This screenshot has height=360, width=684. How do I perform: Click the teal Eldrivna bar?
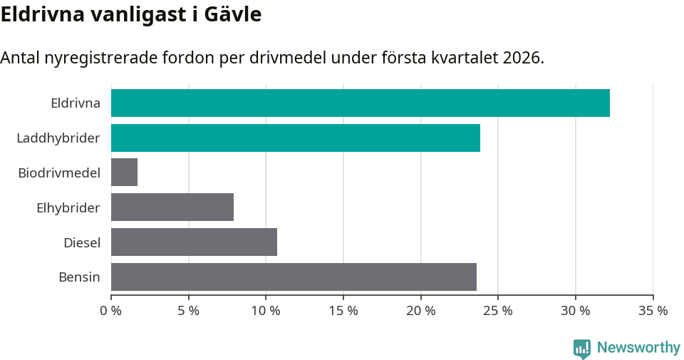click(x=360, y=103)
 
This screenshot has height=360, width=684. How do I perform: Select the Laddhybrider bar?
click(x=295, y=138)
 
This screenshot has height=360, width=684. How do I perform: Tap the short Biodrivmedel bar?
click(x=124, y=173)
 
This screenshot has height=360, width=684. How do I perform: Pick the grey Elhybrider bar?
click(x=172, y=207)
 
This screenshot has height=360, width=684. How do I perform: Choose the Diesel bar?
click(x=194, y=242)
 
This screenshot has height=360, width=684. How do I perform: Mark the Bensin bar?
click(x=294, y=277)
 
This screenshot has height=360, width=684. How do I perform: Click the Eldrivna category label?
click(x=75, y=103)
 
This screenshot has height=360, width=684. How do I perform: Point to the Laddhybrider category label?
click(x=58, y=138)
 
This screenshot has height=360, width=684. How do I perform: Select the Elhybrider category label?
click(x=68, y=207)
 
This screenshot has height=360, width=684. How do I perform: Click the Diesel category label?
click(x=81, y=242)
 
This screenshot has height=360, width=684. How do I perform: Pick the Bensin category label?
click(x=79, y=277)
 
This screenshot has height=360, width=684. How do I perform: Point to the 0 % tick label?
click(x=110, y=311)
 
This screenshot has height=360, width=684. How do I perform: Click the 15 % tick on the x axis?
click(x=343, y=311)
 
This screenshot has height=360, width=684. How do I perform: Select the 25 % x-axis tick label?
click(x=497, y=311)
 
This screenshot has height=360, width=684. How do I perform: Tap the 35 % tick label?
click(x=653, y=311)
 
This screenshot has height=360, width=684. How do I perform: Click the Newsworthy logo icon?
click(x=581, y=349)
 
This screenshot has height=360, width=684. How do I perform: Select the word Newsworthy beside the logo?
click(x=638, y=348)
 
